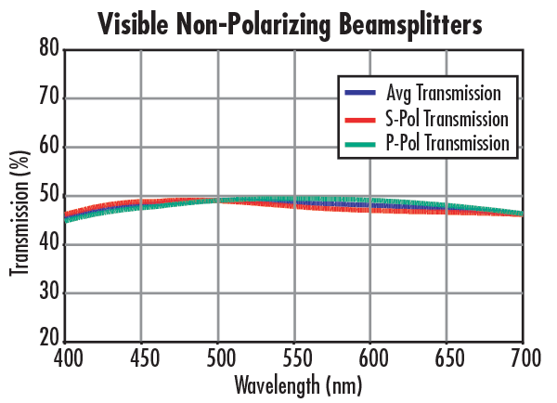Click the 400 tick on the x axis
(66, 357)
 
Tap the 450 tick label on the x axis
(141, 357)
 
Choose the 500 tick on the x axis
(218, 357)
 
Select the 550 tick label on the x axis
(294, 357)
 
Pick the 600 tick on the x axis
(370, 357)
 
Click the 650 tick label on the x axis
(447, 357)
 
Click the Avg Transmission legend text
(443, 93)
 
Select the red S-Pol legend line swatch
(359, 120)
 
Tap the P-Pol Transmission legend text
(447, 144)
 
